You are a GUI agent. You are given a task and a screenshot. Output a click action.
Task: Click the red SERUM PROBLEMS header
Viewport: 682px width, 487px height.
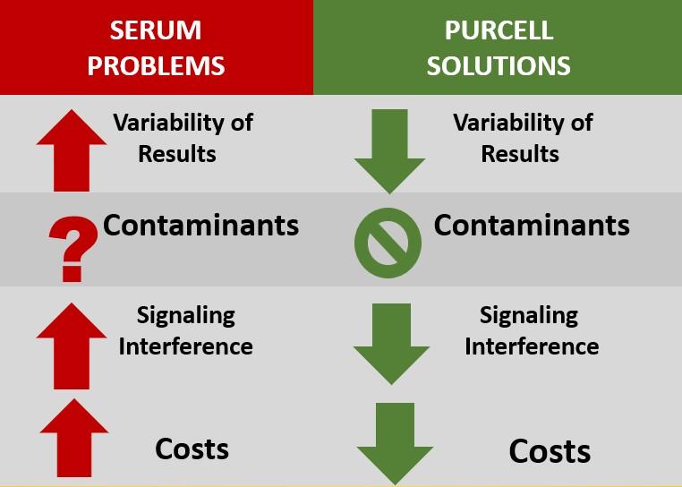pyautogui.click(x=157, y=47)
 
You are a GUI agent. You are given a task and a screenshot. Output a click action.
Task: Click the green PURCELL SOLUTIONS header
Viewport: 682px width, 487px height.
pyautogui.click(x=498, y=47)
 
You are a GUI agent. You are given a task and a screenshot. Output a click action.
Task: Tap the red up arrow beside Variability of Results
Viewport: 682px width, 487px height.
pyautogui.click(x=72, y=150)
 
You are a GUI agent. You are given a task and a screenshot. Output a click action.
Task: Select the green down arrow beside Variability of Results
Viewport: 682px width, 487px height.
pyautogui.click(x=389, y=150)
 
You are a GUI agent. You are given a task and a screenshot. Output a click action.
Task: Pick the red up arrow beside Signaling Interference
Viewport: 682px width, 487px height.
pyautogui.click(x=72, y=344)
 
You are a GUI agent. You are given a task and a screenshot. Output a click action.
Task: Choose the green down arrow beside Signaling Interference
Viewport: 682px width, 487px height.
pyautogui.click(x=389, y=344)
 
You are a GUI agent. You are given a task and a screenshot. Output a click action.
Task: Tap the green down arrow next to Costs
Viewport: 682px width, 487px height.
pyautogui.click(x=395, y=442)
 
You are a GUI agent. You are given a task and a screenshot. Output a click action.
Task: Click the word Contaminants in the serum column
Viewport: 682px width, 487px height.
pyautogui.click(x=200, y=225)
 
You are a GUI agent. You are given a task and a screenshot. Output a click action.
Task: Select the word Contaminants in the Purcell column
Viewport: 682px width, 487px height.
pyautogui.click(x=532, y=225)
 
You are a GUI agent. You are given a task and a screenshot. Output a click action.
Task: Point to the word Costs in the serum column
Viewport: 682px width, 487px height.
pyautogui.click(x=192, y=448)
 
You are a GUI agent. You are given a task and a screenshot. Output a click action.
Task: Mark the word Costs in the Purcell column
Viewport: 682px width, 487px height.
pyautogui.click(x=550, y=449)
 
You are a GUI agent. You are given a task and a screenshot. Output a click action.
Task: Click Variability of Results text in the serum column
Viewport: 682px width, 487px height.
pyautogui.click(x=183, y=137)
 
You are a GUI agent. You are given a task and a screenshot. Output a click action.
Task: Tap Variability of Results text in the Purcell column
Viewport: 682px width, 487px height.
pyautogui.click(x=523, y=137)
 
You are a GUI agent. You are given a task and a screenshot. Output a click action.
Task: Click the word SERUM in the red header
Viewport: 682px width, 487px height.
pyautogui.click(x=156, y=30)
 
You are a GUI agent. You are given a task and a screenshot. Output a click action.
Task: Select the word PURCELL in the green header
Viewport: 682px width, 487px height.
pyautogui.click(x=499, y=30)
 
